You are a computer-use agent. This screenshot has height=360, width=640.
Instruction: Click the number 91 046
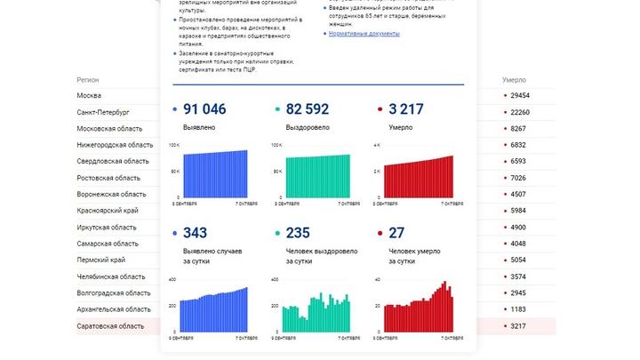(204, 109)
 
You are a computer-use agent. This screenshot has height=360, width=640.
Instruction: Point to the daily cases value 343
(195, 233)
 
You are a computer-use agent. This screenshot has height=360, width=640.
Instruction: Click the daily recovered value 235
(298, 233)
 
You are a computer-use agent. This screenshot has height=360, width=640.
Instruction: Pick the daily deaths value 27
(396, 233)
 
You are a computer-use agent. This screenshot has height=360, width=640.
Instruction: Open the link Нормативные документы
(364, 34)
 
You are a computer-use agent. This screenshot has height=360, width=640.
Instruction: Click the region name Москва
(89, 95)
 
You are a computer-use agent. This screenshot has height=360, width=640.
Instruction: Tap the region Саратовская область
(110, 326)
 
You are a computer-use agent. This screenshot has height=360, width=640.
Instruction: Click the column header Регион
(87, 79)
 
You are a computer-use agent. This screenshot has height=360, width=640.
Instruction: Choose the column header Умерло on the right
(515, 79)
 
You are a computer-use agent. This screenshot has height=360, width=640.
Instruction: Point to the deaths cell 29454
(519, 95)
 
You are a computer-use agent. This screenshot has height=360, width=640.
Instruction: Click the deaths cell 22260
(519, 112)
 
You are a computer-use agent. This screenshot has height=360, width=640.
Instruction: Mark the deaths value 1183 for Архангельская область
(517, 309)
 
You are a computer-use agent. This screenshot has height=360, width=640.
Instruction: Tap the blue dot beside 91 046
(173, 110)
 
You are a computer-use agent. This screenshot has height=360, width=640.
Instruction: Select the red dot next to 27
(381, 234)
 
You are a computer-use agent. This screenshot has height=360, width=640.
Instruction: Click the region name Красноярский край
(108, 211)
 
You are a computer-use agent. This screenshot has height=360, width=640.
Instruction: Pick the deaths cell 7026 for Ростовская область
(517, 178)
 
